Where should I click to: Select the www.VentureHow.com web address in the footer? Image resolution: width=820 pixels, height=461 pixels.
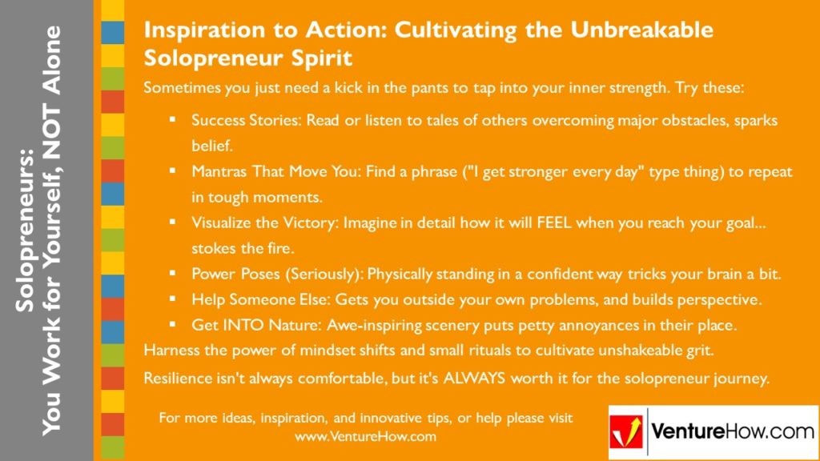click(x=365, y=437)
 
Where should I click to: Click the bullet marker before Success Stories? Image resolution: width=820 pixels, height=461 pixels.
click(x=172, y=120)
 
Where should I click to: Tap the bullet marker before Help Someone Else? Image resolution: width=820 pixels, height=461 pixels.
click(x=172, y=299)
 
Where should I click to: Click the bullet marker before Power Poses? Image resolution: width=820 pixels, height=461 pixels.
click(x=172, y=274)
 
